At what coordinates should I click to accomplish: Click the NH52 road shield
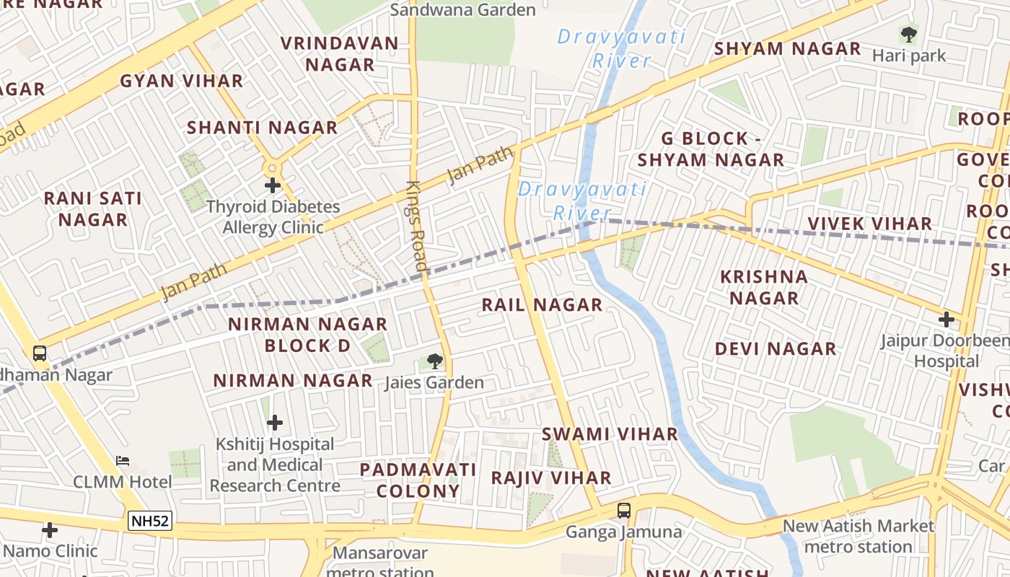point(151,521)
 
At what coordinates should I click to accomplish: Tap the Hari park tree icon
point(908,34)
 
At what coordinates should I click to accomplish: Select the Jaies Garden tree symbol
point(434,361)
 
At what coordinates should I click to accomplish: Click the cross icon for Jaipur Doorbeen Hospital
point(946,319)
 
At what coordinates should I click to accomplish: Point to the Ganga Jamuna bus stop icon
point(624,511)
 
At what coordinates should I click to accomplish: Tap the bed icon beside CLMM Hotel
point(123,460)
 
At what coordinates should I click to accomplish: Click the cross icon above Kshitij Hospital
point(274,422)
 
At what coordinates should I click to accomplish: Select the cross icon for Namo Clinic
point(50,530)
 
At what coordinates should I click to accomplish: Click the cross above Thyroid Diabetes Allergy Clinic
point(272,185)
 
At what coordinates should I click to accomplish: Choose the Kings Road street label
point(418,226)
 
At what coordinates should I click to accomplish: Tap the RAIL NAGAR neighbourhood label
point(542,305)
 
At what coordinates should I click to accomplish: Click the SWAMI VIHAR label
point(610,434)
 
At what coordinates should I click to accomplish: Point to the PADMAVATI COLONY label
point(418,480)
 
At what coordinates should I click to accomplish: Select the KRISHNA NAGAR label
point(763,287)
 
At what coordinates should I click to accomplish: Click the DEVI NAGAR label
point(776,349)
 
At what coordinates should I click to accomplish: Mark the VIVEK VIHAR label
point(869,224)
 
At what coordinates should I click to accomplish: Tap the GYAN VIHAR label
point(181,81)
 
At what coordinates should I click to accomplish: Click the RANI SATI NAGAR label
point(93,208)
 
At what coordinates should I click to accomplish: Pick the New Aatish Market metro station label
point(858,537)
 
